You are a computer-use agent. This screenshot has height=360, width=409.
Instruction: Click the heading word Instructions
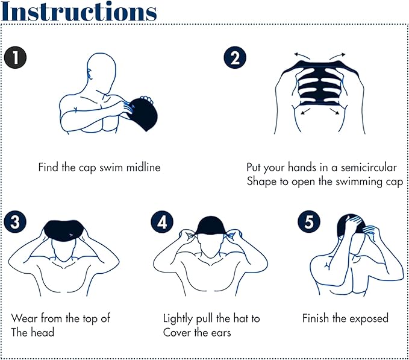pyautogui.click(x=79, y=11)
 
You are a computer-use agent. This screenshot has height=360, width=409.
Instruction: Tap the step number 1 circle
pyautogui.click(x=16, y=57)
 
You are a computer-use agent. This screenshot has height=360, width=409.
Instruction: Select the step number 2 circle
pyautogui.click(x=235, y=57)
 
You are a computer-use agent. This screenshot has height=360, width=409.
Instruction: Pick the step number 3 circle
pyautogui.click(x=15, y=222)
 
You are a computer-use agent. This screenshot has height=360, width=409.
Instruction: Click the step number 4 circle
pyautogui.click(x=162, y=222)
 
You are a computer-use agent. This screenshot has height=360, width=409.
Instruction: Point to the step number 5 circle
pyautogui.click(x=309, y=222)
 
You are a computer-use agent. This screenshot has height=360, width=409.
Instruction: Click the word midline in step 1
pyautogui.click(x=143, y=167)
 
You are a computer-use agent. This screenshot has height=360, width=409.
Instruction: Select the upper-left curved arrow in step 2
pyautogui.click(x=302, y=55)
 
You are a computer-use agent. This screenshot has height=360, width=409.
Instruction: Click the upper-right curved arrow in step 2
pyautogui.click(x=337, y=55)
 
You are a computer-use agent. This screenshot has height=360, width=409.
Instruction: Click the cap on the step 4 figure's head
pyautogui.click(x=211, y=226)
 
